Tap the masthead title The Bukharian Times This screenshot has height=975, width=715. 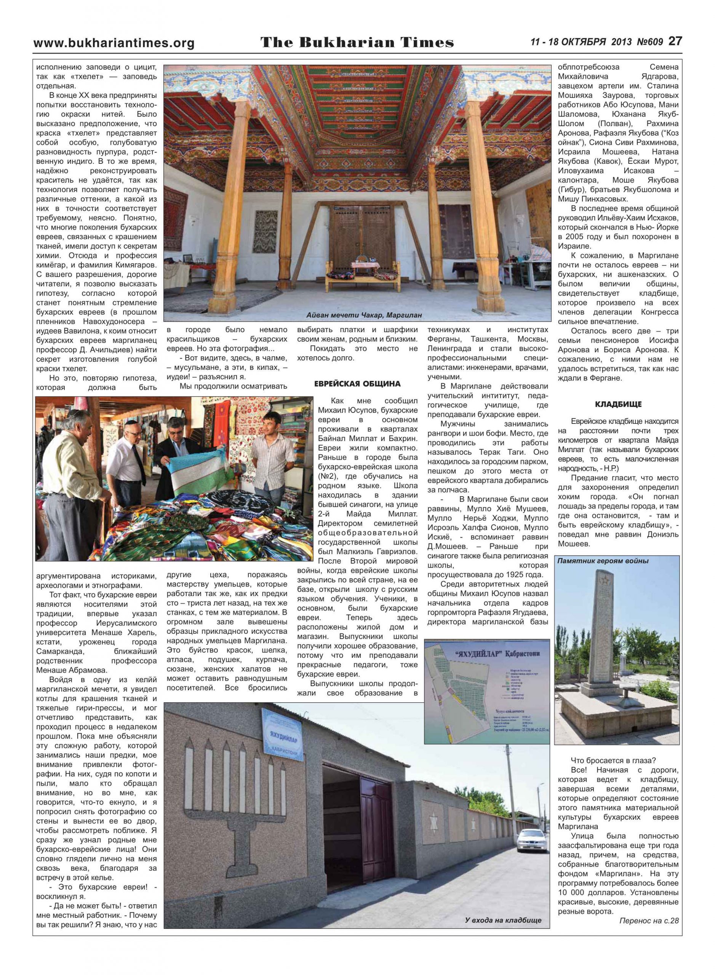point(357,42)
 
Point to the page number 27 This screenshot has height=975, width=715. point(675,41)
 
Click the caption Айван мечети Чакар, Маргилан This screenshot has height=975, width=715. point(363,315)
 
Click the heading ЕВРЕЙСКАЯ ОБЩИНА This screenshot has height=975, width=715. point(357,384)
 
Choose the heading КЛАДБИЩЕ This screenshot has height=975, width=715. point(618,404)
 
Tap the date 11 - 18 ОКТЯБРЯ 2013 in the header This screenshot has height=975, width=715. point(581,42)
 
